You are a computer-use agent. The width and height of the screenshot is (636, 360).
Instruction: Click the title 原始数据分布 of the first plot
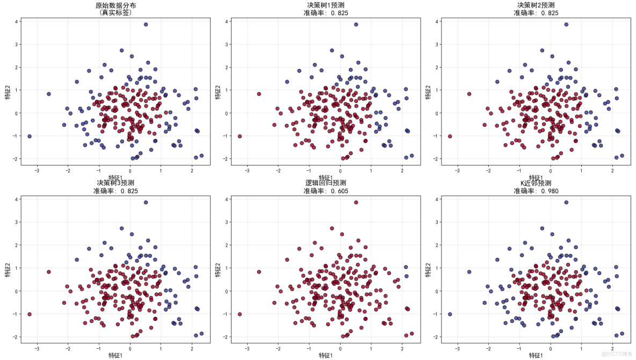(115, 5)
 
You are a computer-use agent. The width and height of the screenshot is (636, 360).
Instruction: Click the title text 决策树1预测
(326, 5)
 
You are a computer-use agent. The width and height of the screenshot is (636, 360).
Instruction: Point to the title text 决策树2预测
(536, 5)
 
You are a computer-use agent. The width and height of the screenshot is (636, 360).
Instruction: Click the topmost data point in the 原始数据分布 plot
(146, 24)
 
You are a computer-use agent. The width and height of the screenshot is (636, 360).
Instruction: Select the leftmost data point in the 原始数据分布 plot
(30, 136)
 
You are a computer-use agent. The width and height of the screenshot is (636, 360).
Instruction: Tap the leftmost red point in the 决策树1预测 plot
(240, 136)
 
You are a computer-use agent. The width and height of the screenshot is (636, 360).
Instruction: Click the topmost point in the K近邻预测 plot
(566, 203)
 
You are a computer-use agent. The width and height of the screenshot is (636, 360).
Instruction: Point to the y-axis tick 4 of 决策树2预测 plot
(438, 21)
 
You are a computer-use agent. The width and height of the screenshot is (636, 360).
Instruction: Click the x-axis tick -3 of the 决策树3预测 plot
(37, 348)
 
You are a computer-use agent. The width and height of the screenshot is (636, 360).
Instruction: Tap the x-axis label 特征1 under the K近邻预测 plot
(536, 355)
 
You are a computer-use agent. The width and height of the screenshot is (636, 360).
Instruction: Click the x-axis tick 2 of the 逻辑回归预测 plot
(402, 348)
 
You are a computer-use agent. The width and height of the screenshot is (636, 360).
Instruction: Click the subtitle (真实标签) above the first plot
(115, 13)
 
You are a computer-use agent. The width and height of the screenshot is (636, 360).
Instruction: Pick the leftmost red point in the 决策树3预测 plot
(30, 314)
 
